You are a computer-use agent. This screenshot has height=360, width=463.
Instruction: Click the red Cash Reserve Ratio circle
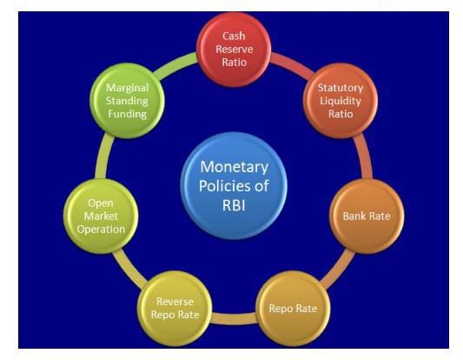pyautogui.click(x=234, y=50)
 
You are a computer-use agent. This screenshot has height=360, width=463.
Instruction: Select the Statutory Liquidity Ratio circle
pyautogui.click(x=341, y=101)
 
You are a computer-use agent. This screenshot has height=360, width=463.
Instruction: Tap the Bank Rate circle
pyautogui.click(x=367, y=216)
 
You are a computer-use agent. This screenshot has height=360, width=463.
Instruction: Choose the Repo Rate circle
pyautogui.click(x=293, y=309)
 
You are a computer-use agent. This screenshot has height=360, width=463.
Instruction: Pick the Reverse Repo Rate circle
pyautogui.click(x=175, y=309)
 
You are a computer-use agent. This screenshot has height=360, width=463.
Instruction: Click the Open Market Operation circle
pyautogui.click(x=101, y=216)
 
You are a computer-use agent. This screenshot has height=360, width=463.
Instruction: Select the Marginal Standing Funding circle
pyautogui.click(x=128, y=101)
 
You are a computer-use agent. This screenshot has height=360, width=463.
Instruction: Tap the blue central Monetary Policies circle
pyautogui.click(x=234, y=185)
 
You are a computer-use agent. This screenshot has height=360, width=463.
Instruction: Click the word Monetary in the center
pyautogui.click(x=235, y=167)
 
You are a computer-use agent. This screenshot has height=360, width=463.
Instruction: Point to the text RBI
pyautogui.click(x=234, y=205)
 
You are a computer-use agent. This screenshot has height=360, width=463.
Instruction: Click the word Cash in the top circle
pyautogui.click(x=234, y=36)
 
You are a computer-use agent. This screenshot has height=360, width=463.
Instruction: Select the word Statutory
pyautogui.click(x=341, y=88)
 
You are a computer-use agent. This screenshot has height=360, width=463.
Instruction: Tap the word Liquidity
pyautogui.click(x=341, y=102)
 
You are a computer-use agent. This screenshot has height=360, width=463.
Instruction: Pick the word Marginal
pyautogui.click(x=128, y=88)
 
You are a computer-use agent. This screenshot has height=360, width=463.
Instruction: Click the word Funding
pyautogui.click(x=128, y=114)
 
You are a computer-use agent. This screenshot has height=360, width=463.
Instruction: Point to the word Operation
pyautogui.click(x=101, y=230)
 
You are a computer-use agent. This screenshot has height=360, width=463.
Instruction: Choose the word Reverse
pyautogui.click(x=175, y=302)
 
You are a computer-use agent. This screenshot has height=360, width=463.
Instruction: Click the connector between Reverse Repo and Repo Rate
pyautogui.click(x=234, y=319)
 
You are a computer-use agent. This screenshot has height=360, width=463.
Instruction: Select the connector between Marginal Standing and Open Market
pyautogui.click(x=103, y=157)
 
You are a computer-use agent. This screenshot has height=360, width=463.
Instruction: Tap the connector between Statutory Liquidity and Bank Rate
pyautogui.click(x=364, y=157)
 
